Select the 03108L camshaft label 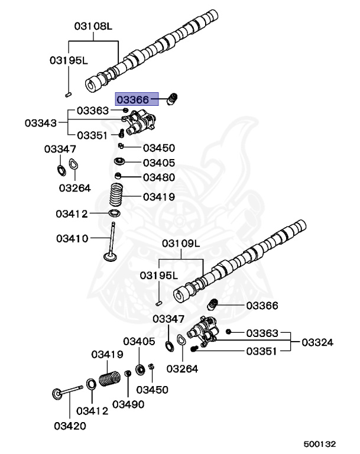pos(93,27)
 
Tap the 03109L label pos(181,244)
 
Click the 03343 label pos(41,123)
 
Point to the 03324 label pos(317,342)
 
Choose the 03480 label pos(158,177)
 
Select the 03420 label pos(70,426)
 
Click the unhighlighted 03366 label pos(262,306)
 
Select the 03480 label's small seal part pos(118,176)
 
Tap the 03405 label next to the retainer pos(158,162)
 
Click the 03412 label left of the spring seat pos(72,213)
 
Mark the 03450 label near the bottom pos(152,390)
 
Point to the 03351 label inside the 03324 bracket pos(262,351)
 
